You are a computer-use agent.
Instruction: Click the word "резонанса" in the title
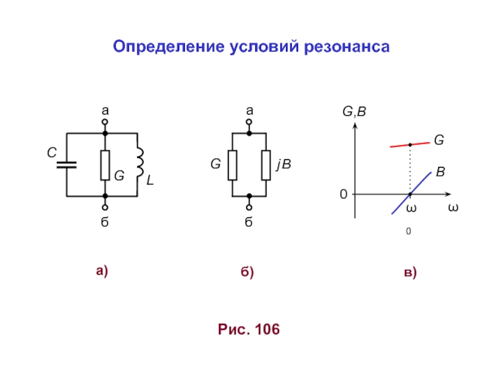348,47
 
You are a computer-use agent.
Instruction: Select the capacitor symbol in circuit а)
66,164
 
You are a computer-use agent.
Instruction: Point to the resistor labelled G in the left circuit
105,165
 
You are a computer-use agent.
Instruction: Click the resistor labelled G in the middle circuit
233,164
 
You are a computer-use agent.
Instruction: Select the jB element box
267,164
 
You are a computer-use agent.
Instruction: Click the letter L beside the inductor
150,181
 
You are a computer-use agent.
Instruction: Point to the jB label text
284,164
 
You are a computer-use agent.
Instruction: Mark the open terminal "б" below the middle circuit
250,208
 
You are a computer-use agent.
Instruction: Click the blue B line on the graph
412,192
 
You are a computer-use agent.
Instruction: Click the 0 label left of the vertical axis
343,195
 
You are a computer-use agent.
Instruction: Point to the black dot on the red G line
410,144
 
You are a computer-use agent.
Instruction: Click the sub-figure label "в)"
410,273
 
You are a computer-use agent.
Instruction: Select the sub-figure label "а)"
102,271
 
